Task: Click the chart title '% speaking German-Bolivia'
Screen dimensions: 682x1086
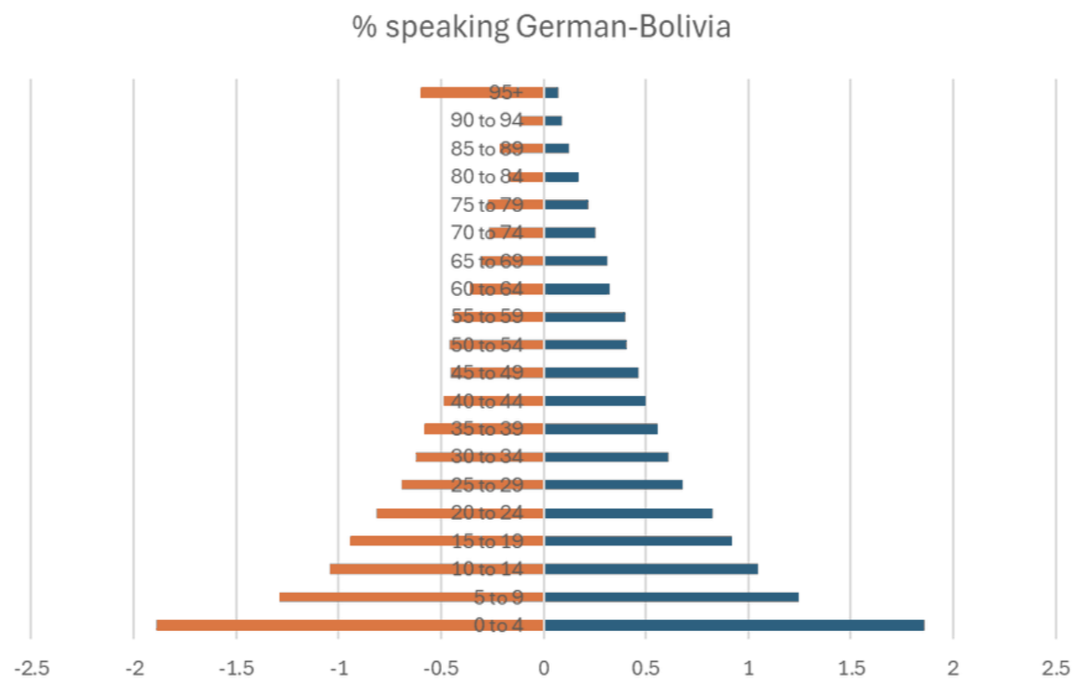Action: pos(541,28)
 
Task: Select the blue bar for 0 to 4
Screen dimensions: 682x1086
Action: pos(734,625)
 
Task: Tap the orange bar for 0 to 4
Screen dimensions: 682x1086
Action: pos(350,625)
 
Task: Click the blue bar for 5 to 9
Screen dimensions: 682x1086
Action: pos(671,597)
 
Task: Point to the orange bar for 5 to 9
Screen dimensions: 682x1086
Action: pos(373,597)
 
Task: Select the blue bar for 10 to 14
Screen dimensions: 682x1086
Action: pos(651,569)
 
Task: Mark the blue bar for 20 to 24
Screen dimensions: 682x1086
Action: pos(628,513)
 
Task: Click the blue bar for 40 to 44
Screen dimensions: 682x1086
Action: pos(595,401)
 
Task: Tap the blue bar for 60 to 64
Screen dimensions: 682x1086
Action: pos(577,289)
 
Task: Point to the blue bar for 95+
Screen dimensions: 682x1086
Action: pos(551,92)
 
